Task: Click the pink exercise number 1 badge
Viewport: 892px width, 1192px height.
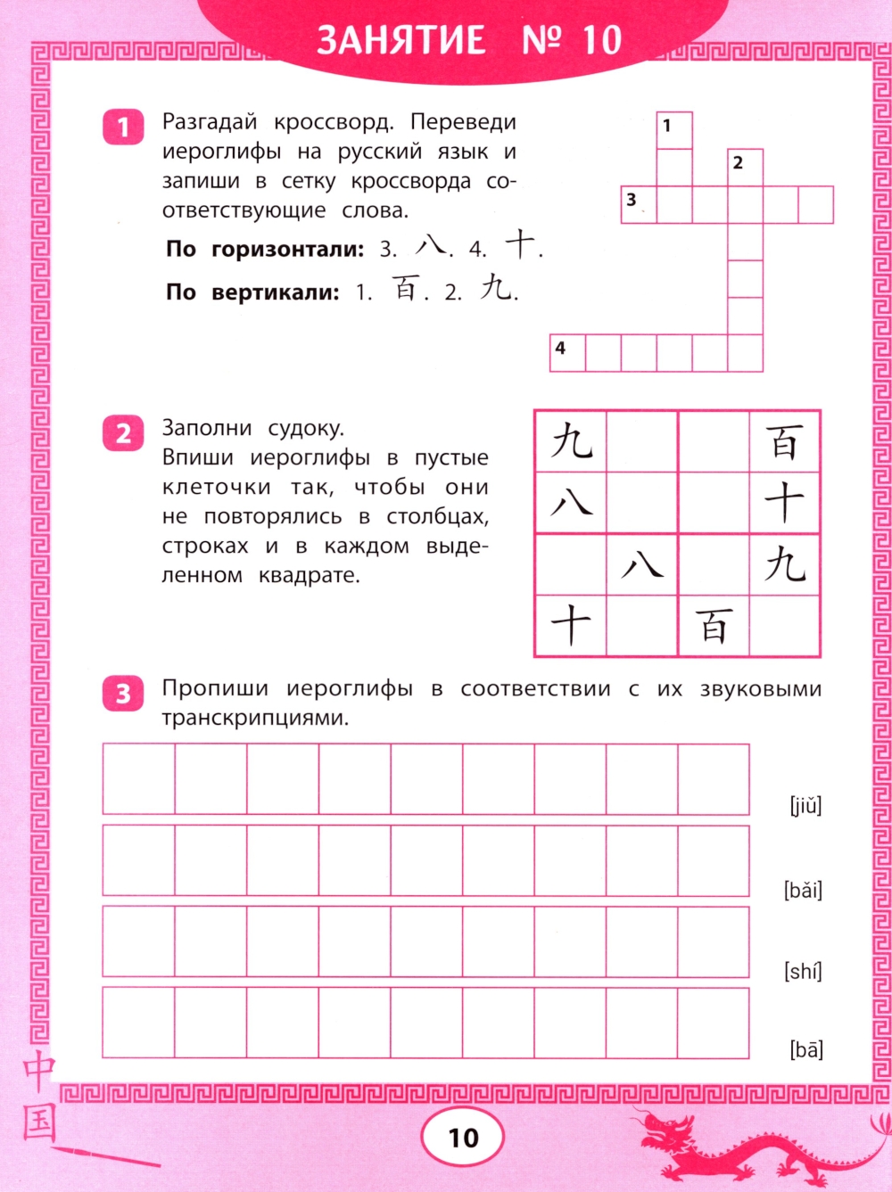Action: point(123,127)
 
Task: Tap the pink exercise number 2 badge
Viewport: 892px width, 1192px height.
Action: point(123,433)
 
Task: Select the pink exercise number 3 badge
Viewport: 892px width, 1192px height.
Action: point(123,693)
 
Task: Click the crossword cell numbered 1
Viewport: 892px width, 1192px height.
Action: point(674,130)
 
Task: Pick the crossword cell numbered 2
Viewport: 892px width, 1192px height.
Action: point(745,168)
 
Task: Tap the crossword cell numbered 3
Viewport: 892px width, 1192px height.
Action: point(639,204)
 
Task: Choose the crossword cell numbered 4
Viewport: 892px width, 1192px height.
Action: point(567,352)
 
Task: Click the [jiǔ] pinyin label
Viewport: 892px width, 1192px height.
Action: point(805,806)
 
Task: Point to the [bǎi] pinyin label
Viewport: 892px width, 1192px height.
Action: point(803,890)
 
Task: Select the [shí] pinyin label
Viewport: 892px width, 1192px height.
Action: point(803,971)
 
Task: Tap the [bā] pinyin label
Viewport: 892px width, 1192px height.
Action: point(805,1049)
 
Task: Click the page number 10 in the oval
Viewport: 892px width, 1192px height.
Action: point(463,1138)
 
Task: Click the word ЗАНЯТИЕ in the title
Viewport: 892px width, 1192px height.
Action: point(401,40)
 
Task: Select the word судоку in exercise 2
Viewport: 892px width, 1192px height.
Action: point(305,429)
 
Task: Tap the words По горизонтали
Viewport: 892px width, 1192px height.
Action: point(265,249)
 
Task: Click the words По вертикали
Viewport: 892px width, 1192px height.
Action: point(252,292)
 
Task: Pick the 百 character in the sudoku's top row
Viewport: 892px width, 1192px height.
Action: point(784,441)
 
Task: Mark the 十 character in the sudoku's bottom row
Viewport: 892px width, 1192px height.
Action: point(570,625)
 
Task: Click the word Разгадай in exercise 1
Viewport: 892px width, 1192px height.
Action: point(210,122)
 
